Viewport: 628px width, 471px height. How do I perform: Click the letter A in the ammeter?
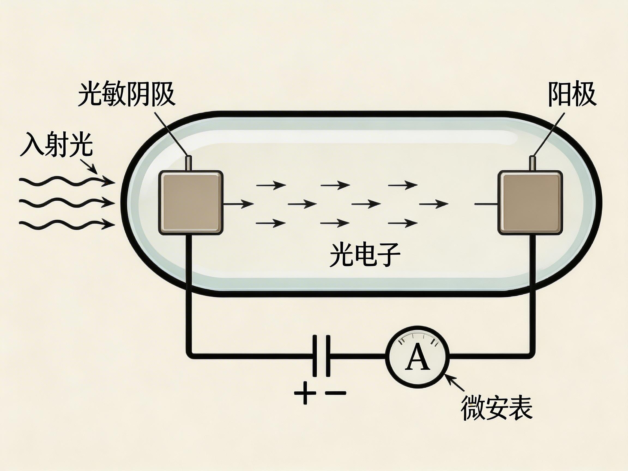tap(417, 357)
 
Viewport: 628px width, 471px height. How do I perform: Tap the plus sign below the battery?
tap(305, 393)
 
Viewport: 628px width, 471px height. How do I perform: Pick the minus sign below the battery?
tap(336, 393)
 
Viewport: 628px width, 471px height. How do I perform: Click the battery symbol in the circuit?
tap(321, 356)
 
